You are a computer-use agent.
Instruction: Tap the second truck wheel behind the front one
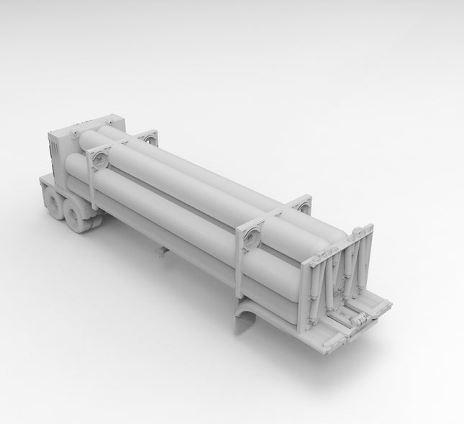click(80, 216)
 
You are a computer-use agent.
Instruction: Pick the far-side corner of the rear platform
click(388, 306)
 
